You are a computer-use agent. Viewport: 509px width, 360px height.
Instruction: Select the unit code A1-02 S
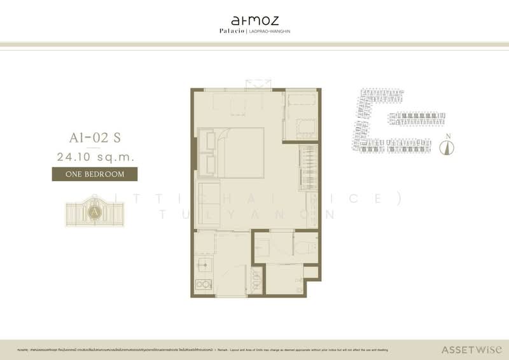94,136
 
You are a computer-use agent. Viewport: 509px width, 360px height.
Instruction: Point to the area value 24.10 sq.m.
94,155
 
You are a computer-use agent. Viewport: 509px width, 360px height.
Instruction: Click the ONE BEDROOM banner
94,173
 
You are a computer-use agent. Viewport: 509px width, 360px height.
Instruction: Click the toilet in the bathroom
305,244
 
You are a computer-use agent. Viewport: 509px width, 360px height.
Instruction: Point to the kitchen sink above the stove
204,263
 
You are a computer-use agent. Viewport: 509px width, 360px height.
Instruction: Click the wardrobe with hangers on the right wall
307,166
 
